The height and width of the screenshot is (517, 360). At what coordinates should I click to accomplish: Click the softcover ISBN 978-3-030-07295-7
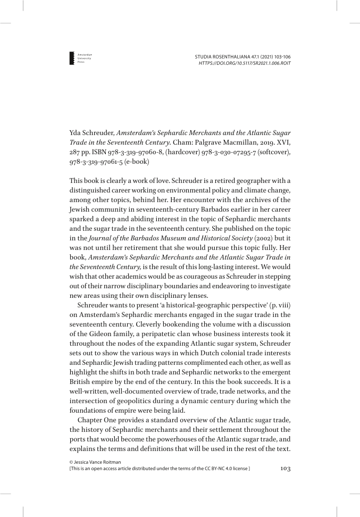coord(232,150)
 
